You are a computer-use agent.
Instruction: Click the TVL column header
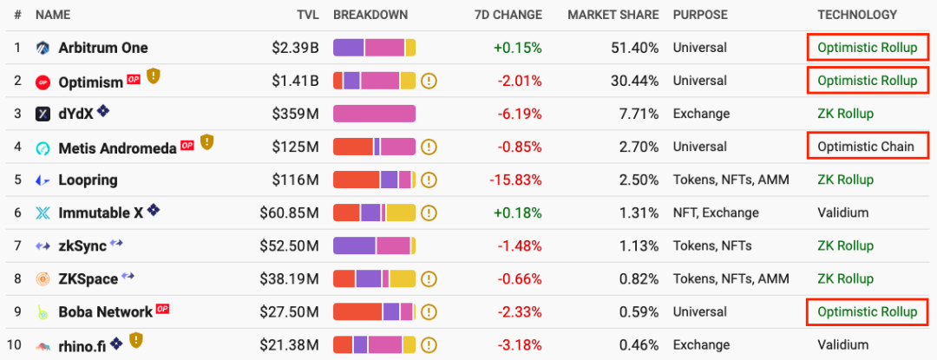[307, 15]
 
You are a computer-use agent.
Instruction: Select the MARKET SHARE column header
[613, 15]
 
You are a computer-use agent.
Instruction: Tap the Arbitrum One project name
[102, 48]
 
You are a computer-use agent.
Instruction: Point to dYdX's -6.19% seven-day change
[520, 114]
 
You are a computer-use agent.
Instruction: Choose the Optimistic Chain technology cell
[866, 147]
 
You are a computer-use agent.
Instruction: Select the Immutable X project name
[101, 213]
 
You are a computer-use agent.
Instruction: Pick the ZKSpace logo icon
[43, 279]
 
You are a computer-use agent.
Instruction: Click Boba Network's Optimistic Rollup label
[867, 311]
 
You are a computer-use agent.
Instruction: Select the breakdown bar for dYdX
[374, 114]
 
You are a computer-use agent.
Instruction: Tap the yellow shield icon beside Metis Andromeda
[206, 141]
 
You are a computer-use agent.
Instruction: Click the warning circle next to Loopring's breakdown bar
[429, 180]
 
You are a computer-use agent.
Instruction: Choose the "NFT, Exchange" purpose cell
[716, 213]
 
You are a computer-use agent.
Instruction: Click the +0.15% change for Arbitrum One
[518, 48]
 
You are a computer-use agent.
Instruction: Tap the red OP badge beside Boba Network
[162, 309]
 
